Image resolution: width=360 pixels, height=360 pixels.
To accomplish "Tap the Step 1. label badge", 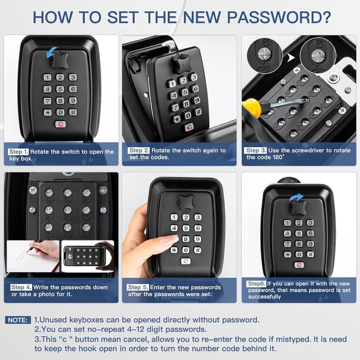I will (x=19, y=152).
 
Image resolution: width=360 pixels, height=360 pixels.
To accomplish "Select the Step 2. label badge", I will (x=139, y=151).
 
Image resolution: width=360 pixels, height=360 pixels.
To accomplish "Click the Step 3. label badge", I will (x=256, y=151).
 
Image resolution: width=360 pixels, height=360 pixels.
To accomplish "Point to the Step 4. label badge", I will (x=21, y=287).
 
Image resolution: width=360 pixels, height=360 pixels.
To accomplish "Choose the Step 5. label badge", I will (x=139, y=287).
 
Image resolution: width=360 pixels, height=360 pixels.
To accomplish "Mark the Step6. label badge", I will (x=256, y=283).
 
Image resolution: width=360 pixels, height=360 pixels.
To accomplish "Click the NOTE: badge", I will (x=17, y=319).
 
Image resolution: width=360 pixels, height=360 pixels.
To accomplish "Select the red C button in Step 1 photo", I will (x=60, y=124).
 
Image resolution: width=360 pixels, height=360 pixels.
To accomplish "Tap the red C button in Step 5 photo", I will (x=186, y=261).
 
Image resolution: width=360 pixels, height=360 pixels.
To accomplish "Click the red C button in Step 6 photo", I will (x=299, y=264).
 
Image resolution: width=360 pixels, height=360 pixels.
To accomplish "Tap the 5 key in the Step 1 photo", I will (x=60, y=89).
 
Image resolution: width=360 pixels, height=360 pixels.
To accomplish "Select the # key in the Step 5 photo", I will (x=197, y=250).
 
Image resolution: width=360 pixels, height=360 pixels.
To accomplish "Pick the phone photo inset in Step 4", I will (x=87, y=256).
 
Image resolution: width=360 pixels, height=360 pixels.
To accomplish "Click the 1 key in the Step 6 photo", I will (x=287, y=223).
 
